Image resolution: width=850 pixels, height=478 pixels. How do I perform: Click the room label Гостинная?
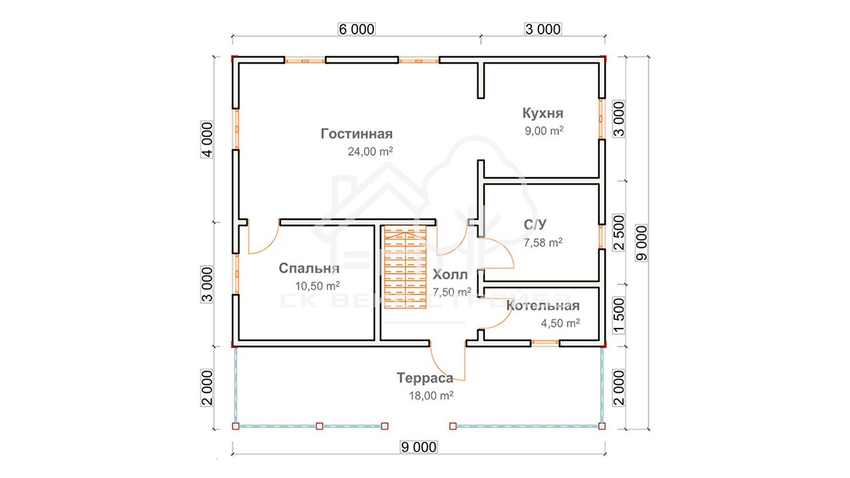(x=357, y=134)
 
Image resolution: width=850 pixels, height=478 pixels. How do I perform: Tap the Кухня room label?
(x=543, y=113)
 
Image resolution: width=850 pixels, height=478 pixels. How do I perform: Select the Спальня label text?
(x=309, y=268)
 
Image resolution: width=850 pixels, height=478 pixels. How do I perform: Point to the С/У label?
(x=535, y=224)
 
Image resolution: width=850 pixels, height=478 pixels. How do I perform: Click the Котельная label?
(x=543, y=305)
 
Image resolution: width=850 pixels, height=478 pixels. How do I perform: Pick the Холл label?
(x=450, y=274)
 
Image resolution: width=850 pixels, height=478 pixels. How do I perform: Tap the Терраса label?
(x=425, y=378)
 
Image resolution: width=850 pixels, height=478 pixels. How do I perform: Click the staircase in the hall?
(x=405, y=267)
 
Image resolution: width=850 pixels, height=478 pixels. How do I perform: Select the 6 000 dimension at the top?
(x=357, y=29)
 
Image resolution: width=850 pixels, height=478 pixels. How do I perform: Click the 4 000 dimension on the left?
(x=207, y=139)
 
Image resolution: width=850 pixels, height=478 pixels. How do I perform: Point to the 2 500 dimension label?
(x=618, y=232)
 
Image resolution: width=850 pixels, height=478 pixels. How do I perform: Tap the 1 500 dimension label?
(x=618, y=315)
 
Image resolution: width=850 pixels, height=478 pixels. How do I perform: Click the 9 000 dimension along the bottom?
(x=418, y=447)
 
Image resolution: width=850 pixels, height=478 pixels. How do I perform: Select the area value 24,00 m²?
(x=371, y=151)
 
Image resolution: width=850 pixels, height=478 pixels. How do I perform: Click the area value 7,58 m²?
(x=543, y=242)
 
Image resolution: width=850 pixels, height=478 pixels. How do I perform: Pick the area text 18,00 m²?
(x=431, y=396)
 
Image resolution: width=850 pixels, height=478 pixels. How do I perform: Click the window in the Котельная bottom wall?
(x=545, y=343)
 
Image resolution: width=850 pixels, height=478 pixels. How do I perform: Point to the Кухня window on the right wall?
(x=601, y=119)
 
